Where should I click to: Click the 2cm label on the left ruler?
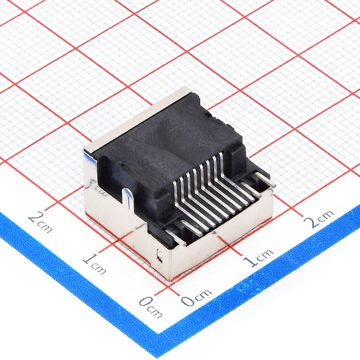[x=40, y=222]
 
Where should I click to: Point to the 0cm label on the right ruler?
[x=196, y=297]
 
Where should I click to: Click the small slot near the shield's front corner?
[x=159, y=256]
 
